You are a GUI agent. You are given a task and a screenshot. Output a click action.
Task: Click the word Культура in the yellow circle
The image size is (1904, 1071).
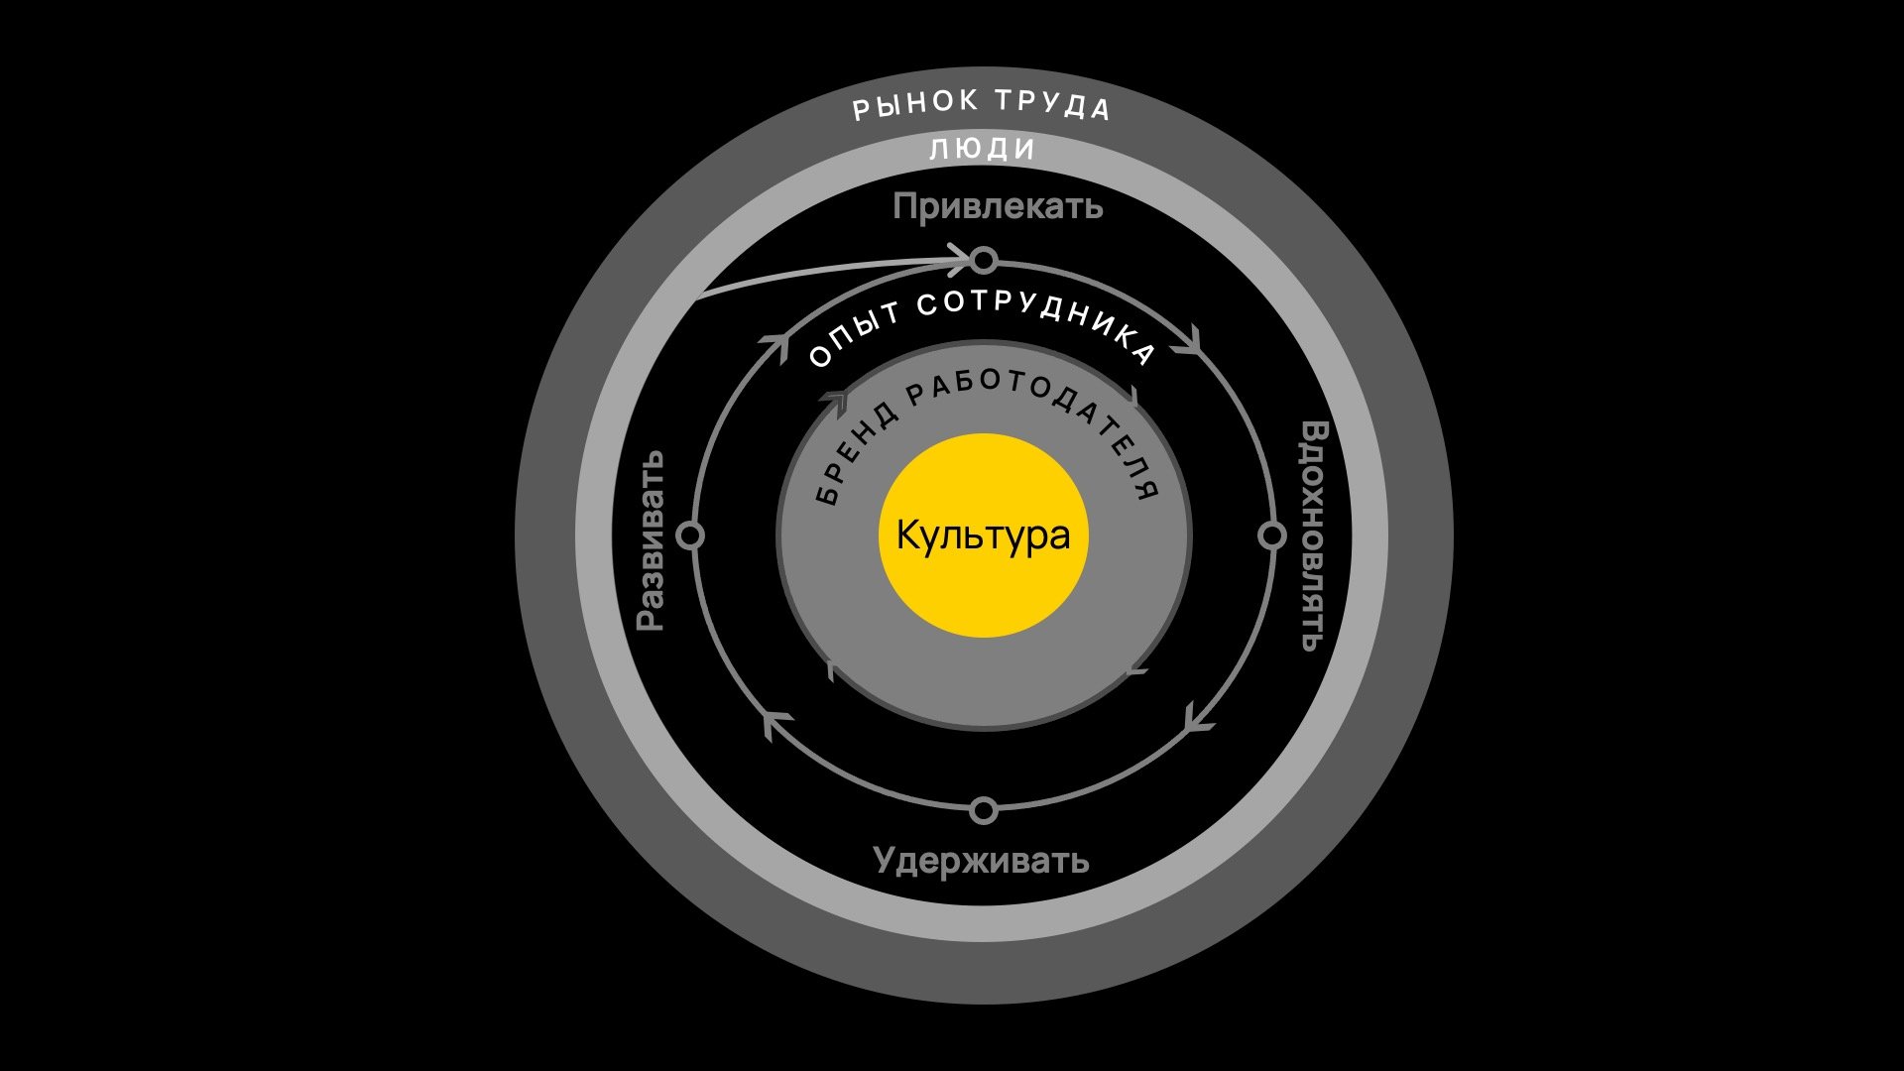(x=983, y=535)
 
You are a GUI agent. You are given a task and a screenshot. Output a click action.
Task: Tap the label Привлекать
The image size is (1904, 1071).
(x=997, y=207)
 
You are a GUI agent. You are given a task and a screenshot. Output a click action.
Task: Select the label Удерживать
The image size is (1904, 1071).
(x=981, y=860)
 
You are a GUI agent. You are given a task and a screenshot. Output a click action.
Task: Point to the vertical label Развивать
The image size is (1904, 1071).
(x=651, y=540)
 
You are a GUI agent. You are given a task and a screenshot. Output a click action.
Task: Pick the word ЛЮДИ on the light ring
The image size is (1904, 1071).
(x=983, y=150)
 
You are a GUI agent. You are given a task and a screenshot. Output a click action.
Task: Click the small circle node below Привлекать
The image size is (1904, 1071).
(x=983, y=261)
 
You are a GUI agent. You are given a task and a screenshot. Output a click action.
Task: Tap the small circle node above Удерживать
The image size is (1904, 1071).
(x=983, y=810)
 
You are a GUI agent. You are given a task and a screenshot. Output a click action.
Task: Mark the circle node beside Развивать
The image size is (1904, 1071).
(x=691, y=535)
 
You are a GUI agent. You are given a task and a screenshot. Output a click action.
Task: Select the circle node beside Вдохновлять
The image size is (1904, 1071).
(x=1271, y=535)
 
